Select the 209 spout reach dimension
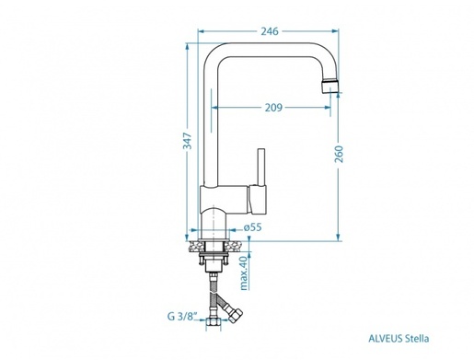(272, 108)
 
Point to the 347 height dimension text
(186, 141)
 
